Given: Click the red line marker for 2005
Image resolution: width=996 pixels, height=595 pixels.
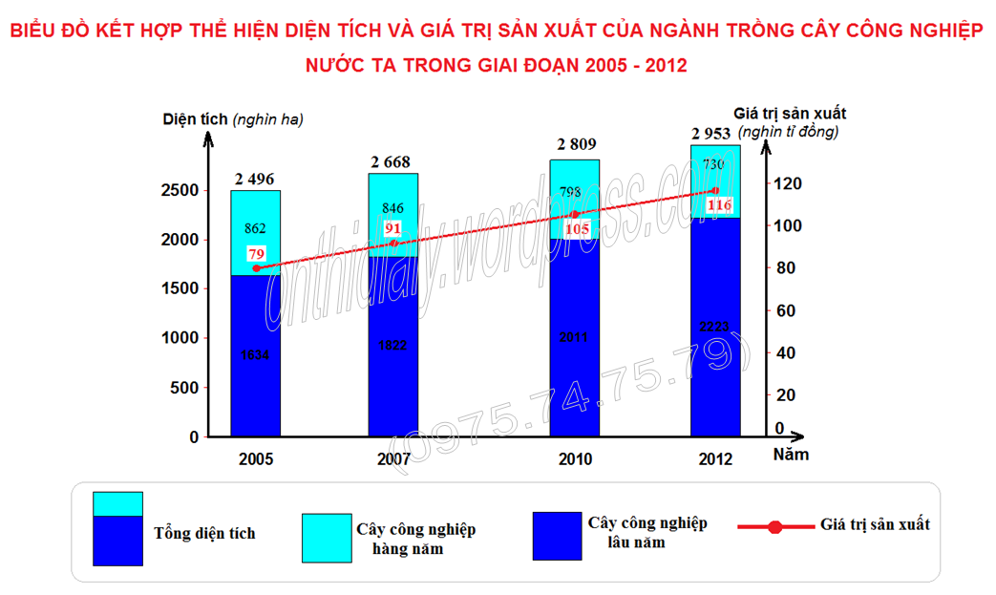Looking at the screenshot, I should pos(256,268).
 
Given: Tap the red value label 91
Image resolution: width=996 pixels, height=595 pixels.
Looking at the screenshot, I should pos(393,228).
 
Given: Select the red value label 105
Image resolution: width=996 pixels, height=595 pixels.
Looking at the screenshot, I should pos(575,229).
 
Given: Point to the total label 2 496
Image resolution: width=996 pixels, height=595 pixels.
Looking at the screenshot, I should pos(255,179).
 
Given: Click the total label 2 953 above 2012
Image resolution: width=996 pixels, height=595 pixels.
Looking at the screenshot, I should pos(715,133).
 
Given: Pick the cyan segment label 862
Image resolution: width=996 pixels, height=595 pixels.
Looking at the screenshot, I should pos(256,228).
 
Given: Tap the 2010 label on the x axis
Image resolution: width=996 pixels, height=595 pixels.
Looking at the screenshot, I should pos(575,459).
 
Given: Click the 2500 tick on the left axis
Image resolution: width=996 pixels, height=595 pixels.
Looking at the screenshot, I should pos(180,190).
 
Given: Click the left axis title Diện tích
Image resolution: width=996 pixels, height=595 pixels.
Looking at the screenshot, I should pos(195,119).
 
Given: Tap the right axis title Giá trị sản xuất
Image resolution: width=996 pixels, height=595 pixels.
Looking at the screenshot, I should pos(790,114).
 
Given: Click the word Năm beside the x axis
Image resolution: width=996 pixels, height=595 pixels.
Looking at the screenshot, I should pos(791,455).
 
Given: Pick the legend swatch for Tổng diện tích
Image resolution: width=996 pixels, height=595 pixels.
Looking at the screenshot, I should pos(117,528).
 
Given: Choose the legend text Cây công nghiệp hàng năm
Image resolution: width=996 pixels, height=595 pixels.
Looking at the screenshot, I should pos(415,539).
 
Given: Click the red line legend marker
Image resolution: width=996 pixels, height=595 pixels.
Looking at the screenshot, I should pos(774,526).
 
